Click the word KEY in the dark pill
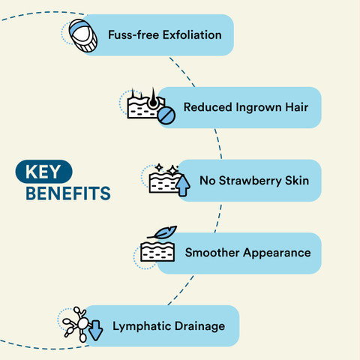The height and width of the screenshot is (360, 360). click(x=43, y=172)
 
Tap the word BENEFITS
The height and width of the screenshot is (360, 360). click(x=68, y=193)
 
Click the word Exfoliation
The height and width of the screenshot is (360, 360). click(x=192, y=34)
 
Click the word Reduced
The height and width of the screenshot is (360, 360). click(x=208, y=107)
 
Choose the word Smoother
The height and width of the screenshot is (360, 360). click(x=212, y=253)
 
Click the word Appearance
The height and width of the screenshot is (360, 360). click(x=277, y=253)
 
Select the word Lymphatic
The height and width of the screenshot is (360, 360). click(x=142, y=326)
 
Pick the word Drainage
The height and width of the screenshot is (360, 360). click(x=199, y=326)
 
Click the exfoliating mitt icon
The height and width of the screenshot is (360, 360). click(x=83, y=36)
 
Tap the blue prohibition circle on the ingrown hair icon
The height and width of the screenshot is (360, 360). click(x=166, y=115)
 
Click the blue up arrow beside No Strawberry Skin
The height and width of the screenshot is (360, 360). click(x=183, y=185)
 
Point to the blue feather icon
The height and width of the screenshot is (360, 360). click(x=163, y=233)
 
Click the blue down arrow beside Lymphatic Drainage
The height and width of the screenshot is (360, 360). click(x=95, y=331)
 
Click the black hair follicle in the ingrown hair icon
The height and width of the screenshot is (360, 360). click(x=153, y=99)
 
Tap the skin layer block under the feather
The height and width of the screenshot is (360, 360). click(x=157, y=252)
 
